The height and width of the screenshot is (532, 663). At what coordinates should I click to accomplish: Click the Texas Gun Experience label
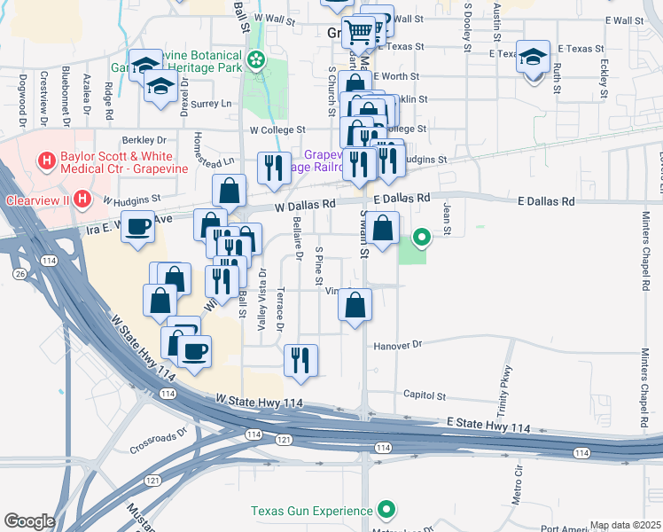click(x=311, y=511)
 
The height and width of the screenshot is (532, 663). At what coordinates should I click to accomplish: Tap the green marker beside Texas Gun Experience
click(x=386, y=510)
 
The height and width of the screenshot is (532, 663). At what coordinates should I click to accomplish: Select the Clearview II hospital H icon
click(x=82, y=198)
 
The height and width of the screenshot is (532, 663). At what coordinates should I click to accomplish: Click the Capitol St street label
click(x=424, y=396)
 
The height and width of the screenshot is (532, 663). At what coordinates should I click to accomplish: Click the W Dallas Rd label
click(x=305, y=204)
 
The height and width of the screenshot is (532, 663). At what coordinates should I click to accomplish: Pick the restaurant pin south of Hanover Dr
click(x=300, y=359)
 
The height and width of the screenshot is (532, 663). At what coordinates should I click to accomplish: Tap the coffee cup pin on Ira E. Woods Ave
click(x=136, y=227)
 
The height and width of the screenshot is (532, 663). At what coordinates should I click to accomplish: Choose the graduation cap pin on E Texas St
click(x=533, y=58)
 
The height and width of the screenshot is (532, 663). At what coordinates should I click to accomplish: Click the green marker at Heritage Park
click(x=256, y=60)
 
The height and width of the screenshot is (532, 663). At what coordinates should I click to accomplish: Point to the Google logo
click(x=29, y=520)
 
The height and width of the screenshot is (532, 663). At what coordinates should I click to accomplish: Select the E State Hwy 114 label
click(x=489, y=427)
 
